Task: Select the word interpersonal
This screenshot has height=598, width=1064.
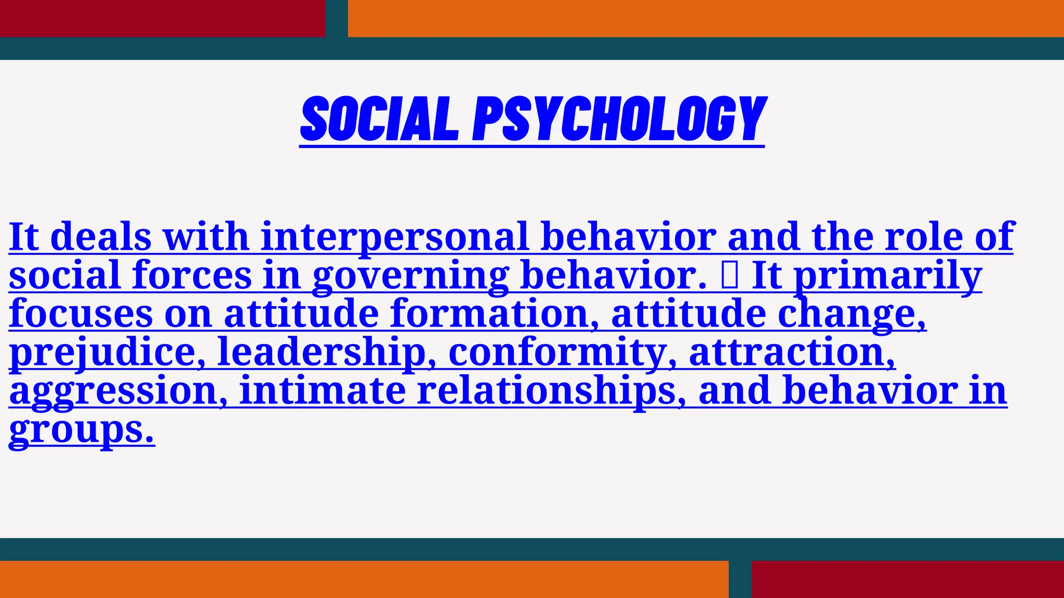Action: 395,237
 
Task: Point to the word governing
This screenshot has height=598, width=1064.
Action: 410,276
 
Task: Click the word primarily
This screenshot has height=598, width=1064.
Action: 888,276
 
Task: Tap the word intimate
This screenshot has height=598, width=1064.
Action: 323,391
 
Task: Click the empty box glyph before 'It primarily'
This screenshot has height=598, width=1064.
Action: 729,276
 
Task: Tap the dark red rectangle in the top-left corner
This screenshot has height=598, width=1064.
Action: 162,18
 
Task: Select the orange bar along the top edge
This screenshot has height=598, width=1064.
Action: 706,18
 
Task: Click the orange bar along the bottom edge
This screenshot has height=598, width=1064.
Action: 364,579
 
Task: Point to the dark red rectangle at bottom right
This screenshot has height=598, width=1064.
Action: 907,579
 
